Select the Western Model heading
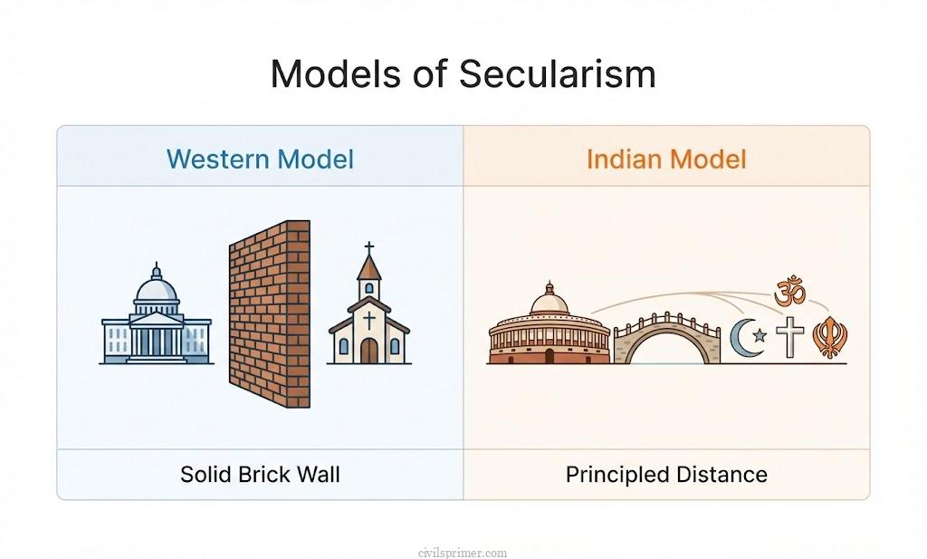click(260, 159)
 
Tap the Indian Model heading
click(666, 159)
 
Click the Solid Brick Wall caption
click(260, 474)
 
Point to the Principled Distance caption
click(666, 474)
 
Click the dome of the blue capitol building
click(156, 289)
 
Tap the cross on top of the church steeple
click(368, 248)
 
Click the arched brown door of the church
click(368, 351)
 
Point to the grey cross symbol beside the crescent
click(790, 337)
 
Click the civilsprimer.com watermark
click(463, 552)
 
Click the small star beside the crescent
click(760, 336)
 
